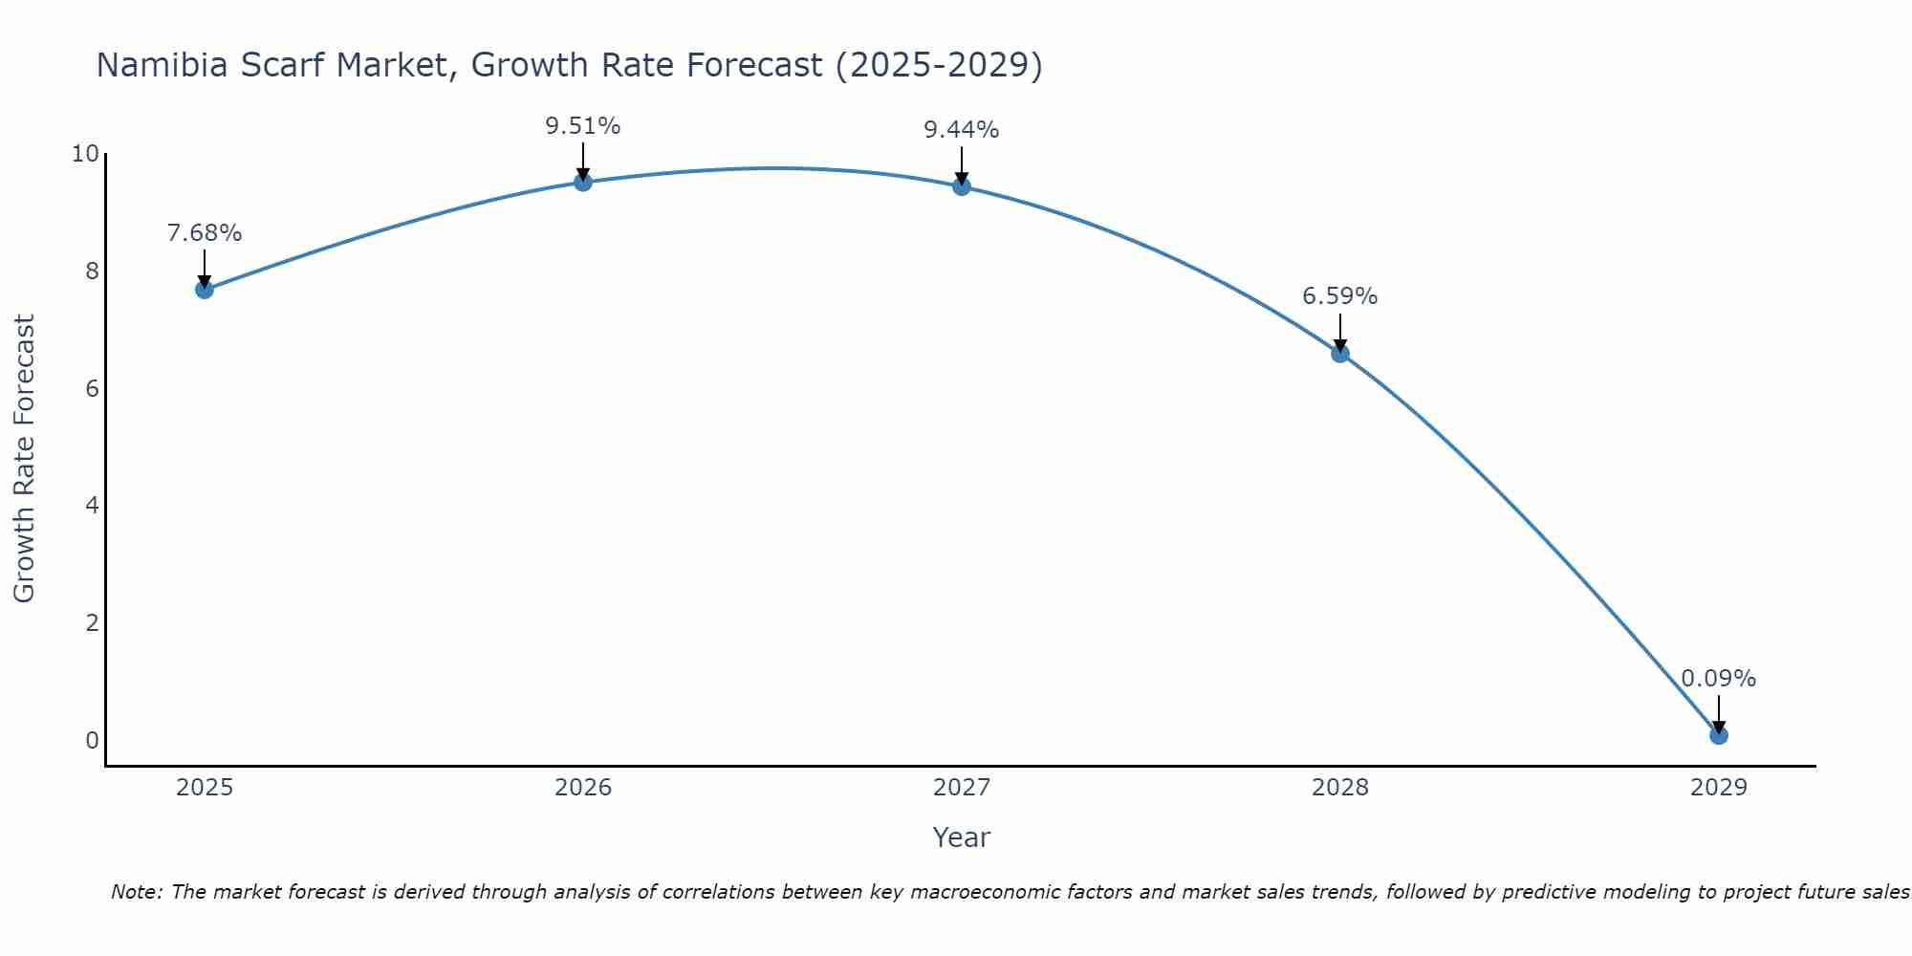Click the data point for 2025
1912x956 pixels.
tap(205, 290)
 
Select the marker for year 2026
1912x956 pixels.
tap(583, 182)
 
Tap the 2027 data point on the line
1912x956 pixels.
tap(962, 186)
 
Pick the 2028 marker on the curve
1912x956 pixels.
tap(1340, 354)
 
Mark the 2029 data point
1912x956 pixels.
tap(1719, 735)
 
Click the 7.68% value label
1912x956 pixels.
tap(205, 233)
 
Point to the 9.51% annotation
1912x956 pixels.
tap(583, 126)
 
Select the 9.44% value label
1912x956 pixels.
tap(962, 130)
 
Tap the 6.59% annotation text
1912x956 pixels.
tap(1340, 296)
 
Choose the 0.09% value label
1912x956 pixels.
tap(1719, 679)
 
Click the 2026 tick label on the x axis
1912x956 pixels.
tap(583, 788)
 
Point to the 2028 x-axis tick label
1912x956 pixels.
tap(1340, 788)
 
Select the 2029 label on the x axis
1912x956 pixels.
tap(1719, 788)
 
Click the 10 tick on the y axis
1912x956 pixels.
tap(85, 154)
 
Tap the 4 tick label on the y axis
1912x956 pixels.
tap(92, 506)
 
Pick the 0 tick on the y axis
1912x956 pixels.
tap(92, 740)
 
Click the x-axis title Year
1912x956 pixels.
tap(962, 837)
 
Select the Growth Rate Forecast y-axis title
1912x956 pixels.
tap(25, 459)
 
